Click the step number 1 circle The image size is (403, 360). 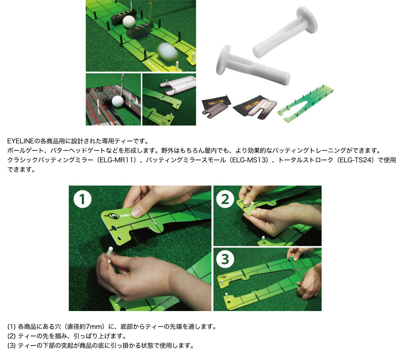pyautogui.click(x=83, y=199)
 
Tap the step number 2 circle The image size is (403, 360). pyautogui.click(x=225, y=199)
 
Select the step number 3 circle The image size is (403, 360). pyautogui.click(x=225, y=259)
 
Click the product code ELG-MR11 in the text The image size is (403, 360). pyautogui.click(x=117, y=160)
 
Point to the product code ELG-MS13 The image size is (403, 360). pyautogui.click(x=250, y=160)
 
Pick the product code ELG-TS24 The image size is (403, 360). pyautogui.click(x=355, y=160)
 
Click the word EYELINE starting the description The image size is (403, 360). pyautogui.click(x=21, y=141)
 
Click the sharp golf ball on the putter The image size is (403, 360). pyautogui.click(x=129, y=22)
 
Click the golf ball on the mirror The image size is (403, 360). pyautogui.click(x=118, y=101)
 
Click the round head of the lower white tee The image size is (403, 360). pyautogui.click(x=222, y=60)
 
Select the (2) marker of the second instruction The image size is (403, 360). pyautogui.click(x=11, y=336)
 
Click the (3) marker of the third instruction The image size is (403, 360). pyautogui.click(x=11, y=346)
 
